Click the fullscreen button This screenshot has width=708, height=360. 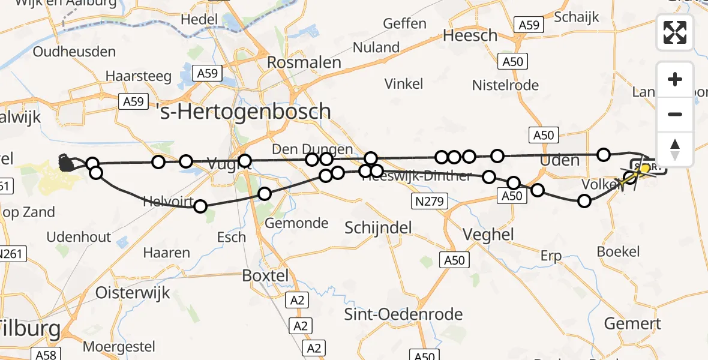(675, 32)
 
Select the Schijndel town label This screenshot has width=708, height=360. (378, 227)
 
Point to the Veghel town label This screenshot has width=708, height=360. (488, 235)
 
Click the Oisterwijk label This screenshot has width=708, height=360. (133, 293)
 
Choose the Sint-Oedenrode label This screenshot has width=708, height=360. (403, 314)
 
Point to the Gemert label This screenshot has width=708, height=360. (632, 323)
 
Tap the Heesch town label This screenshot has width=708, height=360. (470, 35)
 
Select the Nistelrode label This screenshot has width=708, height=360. (505, 85)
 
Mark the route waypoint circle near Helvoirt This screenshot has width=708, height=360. (200, 206)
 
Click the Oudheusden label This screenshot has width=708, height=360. (74, 52)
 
